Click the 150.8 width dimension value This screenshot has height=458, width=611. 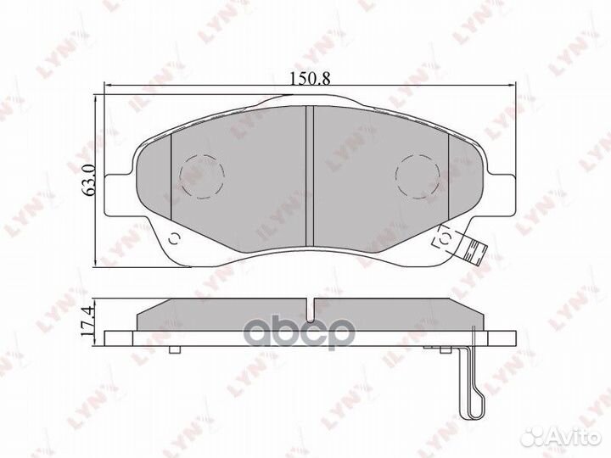310,76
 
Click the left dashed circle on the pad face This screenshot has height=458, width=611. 203,176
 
